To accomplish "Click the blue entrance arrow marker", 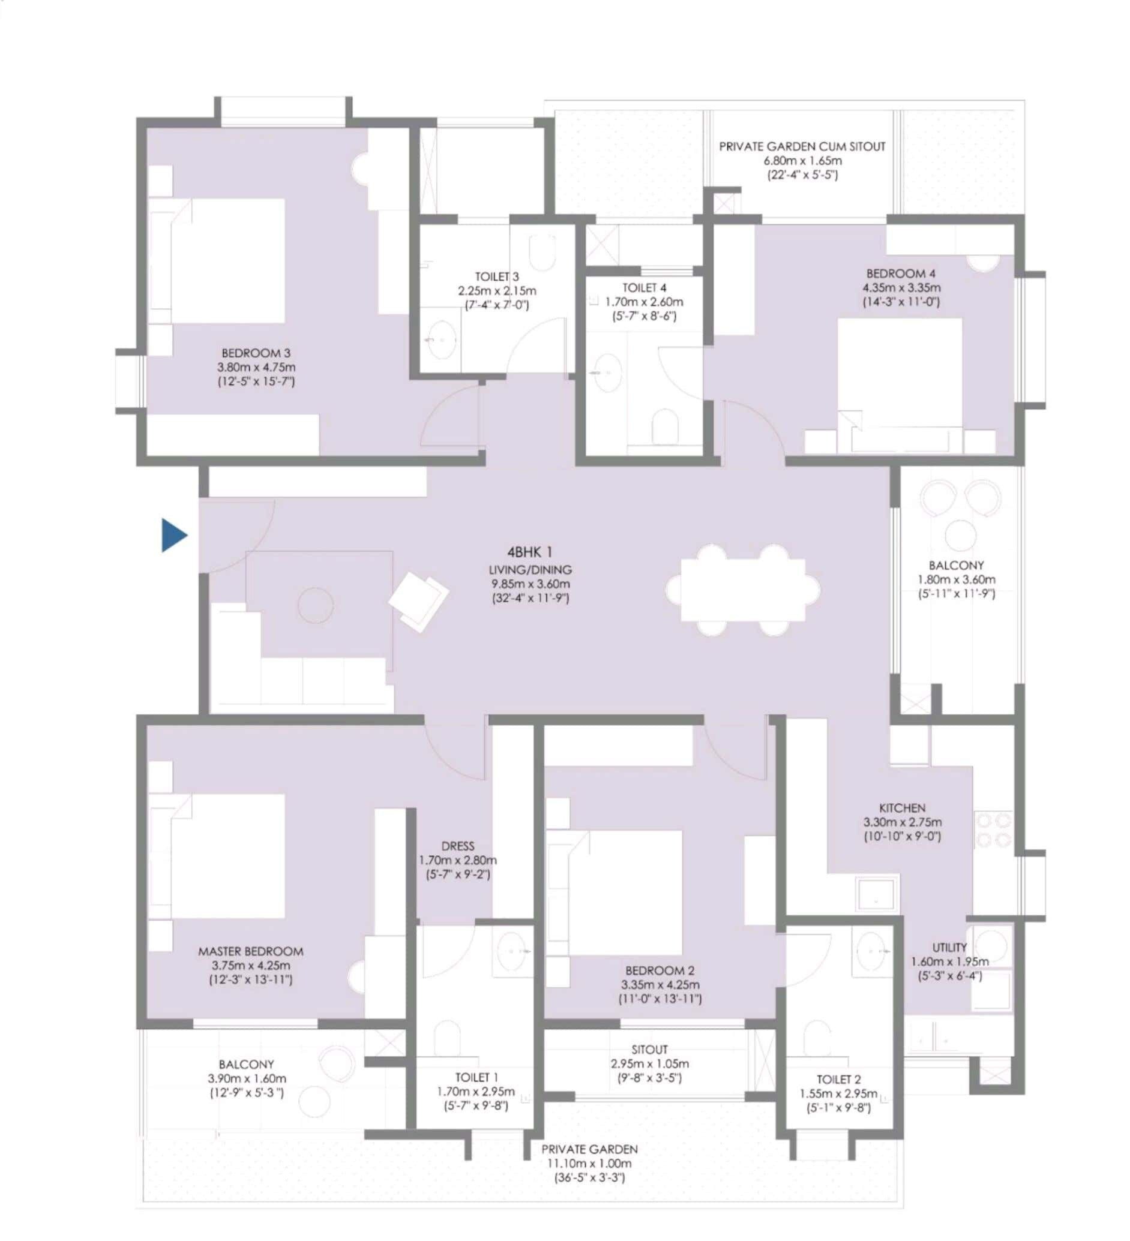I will click(173, 535).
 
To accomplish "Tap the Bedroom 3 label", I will click(256, 353).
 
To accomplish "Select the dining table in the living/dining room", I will click(742, 590).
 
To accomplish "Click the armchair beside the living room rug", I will click(419, 602).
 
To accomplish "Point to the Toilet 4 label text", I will click(643, 287).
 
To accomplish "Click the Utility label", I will click(949, 947).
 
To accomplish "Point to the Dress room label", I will click(457, 846).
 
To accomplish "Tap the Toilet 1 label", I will click(476, 1077).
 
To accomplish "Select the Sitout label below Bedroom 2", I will click(649, 1049).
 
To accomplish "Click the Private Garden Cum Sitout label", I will click(802, 146).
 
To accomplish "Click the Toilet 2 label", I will click(838, 1079).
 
